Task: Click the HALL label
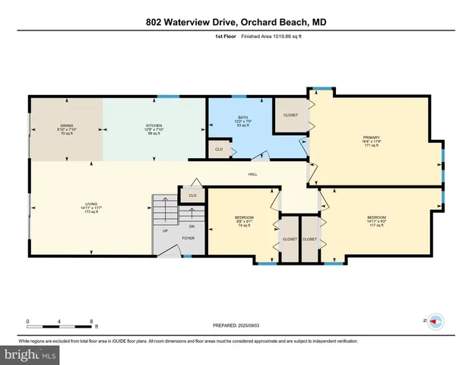(252, 174)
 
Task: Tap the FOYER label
(188, 238)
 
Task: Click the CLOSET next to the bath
(290, 115)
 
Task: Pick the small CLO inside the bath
(219, 150)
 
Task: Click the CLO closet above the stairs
(192, 195)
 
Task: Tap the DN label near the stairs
(192, 226)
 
